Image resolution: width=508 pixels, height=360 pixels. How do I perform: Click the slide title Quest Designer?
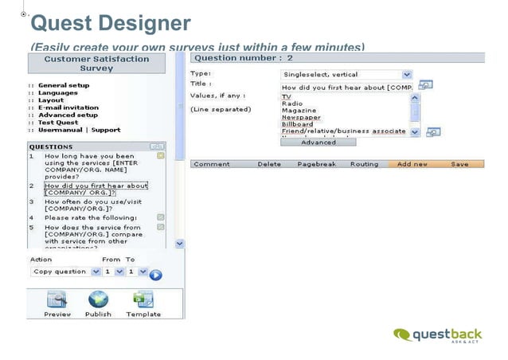pos(110,23)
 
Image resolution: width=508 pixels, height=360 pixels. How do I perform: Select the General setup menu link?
pos(64,85)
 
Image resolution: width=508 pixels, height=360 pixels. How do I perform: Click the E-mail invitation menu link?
pos(68,108)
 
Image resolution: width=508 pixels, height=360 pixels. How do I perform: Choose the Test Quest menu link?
pos(58,122)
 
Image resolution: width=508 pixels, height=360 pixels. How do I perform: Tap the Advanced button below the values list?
pos(318,143)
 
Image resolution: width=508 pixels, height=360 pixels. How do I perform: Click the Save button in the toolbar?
pos(459,164)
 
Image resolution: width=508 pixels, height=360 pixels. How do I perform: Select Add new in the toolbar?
pos(412,164)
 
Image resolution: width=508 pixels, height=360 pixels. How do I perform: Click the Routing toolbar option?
pos(364,164)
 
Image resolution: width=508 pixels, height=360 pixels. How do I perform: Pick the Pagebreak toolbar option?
pos(316,164)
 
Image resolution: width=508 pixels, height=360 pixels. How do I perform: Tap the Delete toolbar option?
pos(269,164)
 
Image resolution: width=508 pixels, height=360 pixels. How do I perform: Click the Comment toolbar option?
pos(212,164)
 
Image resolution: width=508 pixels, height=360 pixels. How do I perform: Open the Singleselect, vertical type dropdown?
pos(345,75)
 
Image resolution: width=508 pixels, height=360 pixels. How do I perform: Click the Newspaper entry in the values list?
pos(301,117)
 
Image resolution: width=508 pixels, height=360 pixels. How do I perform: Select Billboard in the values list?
pos(297,124)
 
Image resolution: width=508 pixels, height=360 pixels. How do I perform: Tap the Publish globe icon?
pos(98,301)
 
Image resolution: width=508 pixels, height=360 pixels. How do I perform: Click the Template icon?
pos(143,301)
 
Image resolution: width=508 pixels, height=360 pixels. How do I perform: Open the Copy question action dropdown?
pos(63,272)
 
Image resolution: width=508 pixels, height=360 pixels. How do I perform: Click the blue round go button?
pos(155,275)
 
